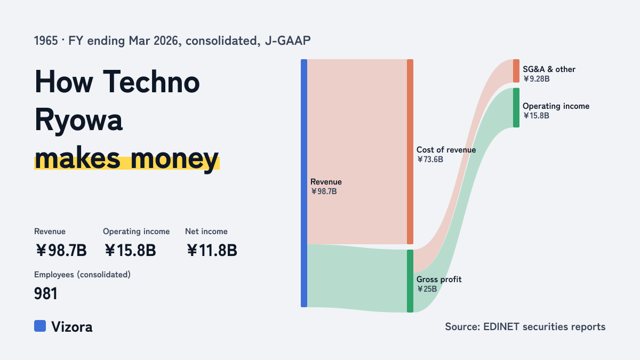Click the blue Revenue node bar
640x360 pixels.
pyautogui.click(x=304, y=183)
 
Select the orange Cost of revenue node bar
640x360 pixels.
pyautogui.click(x=410, y=151)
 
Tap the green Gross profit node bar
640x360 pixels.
pyautogui.click(x=410, y=281)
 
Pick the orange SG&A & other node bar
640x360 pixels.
pyautogui.click(x=516, y=71)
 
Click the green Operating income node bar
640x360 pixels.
pyautogui.click(x=516, y=108)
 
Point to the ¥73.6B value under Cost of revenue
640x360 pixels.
pyautogui.click(x=430, y=159)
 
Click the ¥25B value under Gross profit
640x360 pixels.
pyautogui.click(x=427, y=289)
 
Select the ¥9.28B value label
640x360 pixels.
pyautogui.click(x=537, y=79)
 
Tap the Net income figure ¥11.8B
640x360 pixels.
pyautogui.click(x=212, y=250)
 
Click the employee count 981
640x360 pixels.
pyautogui.click(x=46, y=293)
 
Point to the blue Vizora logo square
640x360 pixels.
pyautogui.click(x=40, y=326)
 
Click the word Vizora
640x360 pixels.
pyautogui.click(x=72, y=327)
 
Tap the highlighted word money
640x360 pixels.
pyautogui.click(x=174, y=158)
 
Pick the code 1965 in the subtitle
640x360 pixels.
pyautogui.click(x=46, y=41)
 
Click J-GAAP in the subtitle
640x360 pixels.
pyautogui.click(x=287, y=41)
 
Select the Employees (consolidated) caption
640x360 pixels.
pyautogui.click(x=82, y=275)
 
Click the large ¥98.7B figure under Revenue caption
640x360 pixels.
pyautogui.click(x=61, y=250)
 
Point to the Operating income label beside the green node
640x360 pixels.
pyautogui.click(x=556, y=106)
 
